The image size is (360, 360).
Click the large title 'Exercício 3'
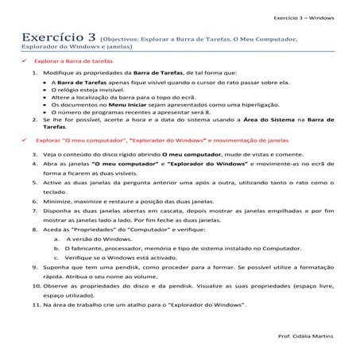coord(56,37)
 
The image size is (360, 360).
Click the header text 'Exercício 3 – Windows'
coord(305,16)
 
